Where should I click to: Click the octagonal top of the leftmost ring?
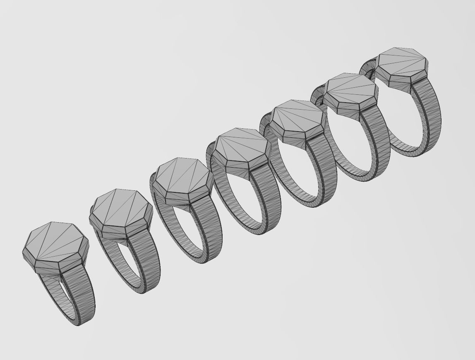(54, 242)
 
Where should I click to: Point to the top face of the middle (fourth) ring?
(241, 147)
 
